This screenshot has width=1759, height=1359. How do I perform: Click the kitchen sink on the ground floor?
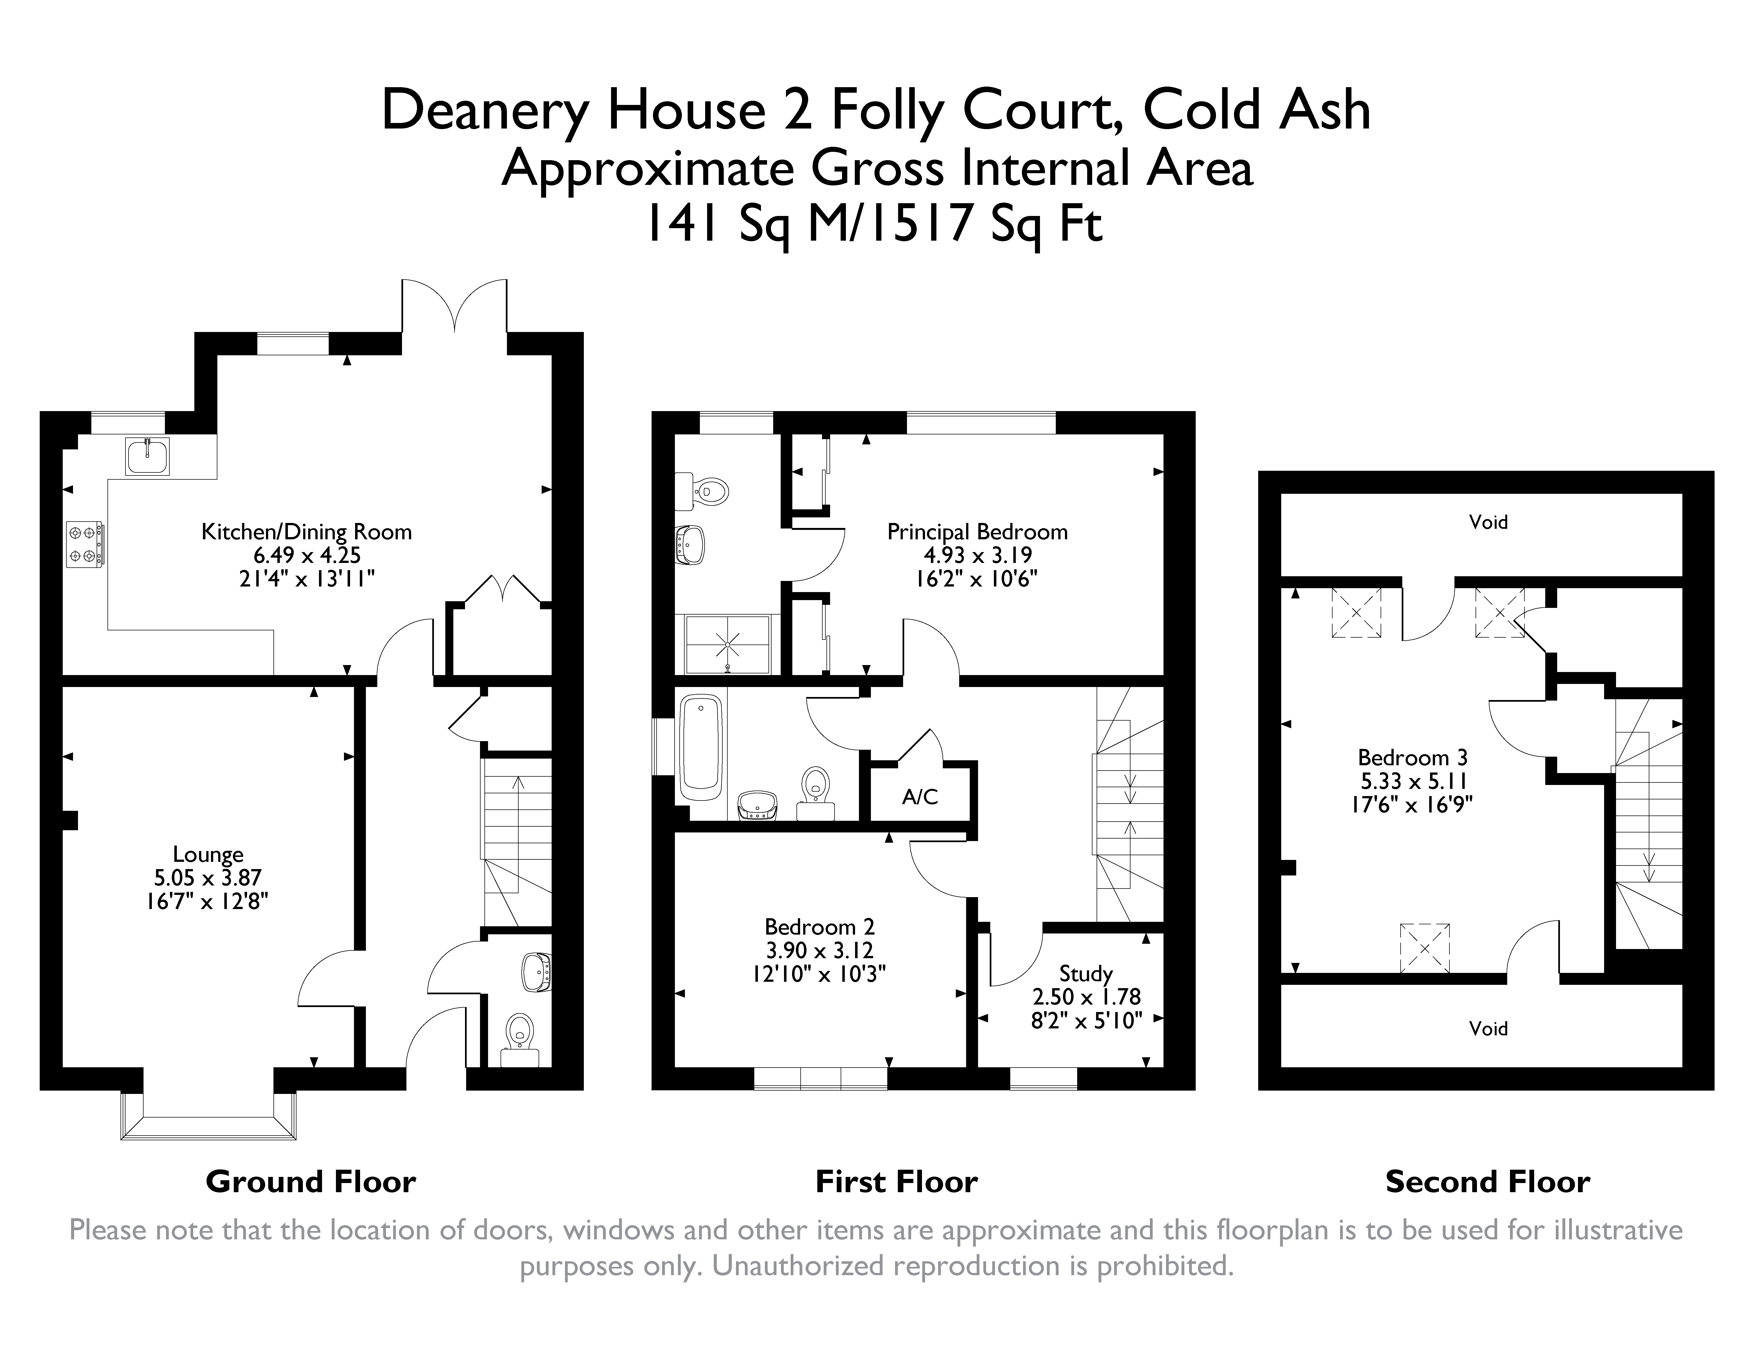147,457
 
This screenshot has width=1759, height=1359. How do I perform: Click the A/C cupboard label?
920,797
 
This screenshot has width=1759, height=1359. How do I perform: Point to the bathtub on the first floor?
702,748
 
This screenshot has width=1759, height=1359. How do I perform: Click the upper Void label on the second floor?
1487,522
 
